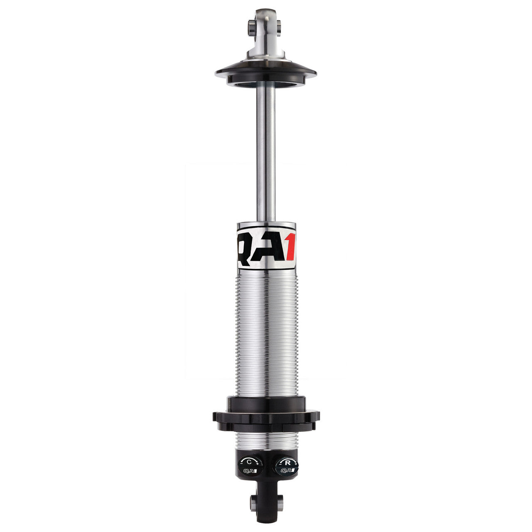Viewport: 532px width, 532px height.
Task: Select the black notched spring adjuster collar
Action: [x=266, y=416]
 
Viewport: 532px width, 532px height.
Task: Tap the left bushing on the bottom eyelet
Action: [x=252, y=503]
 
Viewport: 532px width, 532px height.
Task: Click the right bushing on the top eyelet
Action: [x=279, y=27]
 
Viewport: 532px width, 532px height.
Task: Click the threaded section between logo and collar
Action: [x=266, y=332]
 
